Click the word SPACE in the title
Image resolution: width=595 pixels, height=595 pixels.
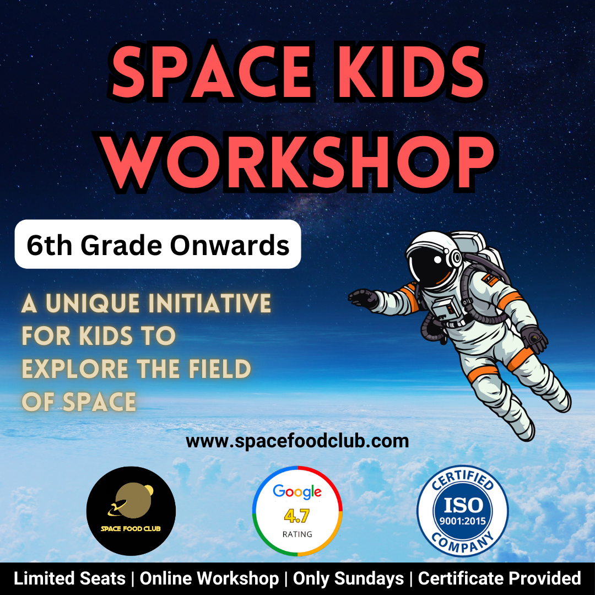click(213, 72)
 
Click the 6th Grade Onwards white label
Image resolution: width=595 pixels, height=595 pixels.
click(158, 245)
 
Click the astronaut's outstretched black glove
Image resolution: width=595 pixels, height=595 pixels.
click(364, 298)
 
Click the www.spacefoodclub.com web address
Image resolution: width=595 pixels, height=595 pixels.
click(297, 441)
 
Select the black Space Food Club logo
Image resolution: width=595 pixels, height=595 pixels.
click(131, 511)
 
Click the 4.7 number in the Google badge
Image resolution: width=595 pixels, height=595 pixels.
click(297, 515)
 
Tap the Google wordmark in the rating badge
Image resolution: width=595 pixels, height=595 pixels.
click(297, 492)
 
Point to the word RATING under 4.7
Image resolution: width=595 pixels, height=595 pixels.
click(297, 534)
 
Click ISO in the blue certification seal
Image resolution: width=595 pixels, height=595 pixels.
click(463, 505)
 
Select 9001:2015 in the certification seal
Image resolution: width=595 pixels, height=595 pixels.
click(463, 521)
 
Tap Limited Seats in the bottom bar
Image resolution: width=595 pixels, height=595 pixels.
click(69, 578)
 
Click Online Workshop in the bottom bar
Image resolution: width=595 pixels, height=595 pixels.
click(209, 578)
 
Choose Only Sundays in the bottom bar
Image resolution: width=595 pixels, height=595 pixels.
click(348, 578)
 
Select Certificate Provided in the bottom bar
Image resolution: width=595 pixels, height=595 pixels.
click(499, 578)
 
